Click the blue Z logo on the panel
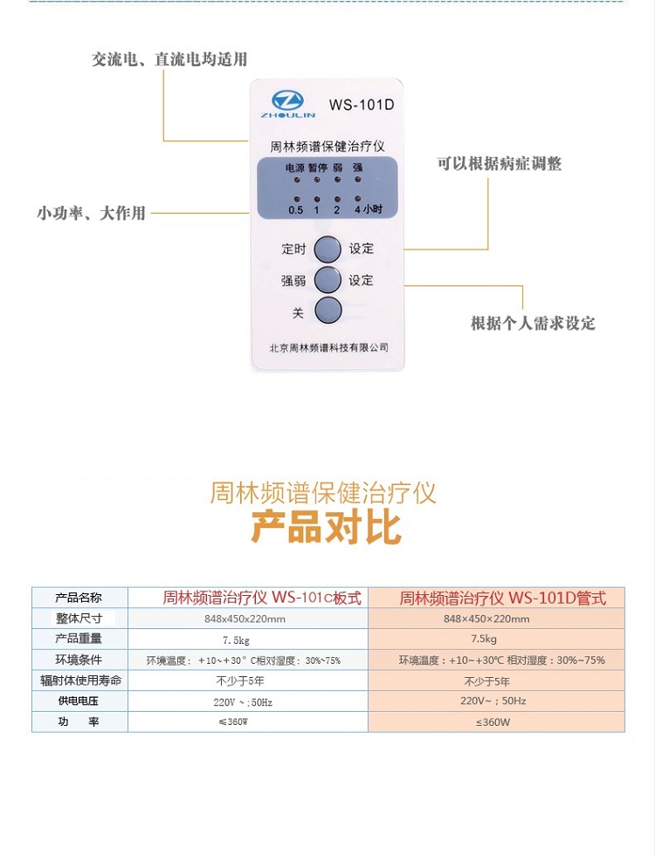pos(287,101)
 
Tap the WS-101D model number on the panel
pos(362,105)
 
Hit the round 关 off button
pos(327,311)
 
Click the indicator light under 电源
pos(297,180)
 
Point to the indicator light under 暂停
pos(317,180)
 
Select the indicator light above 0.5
pos(297,200)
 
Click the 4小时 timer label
pos(369,209)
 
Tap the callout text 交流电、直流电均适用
pos(169,59)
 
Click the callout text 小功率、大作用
pos(91,213)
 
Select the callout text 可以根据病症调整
pos(499,163)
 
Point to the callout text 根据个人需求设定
pos(533,323)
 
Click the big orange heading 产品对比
pos(327,527)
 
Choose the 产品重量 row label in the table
pos(79,639)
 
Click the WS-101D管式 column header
pos(503,598)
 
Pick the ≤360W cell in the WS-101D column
pos(493,722)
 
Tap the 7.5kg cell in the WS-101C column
pos(236,640)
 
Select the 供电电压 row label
pos(79,701)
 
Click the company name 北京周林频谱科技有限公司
pos(328,347)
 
